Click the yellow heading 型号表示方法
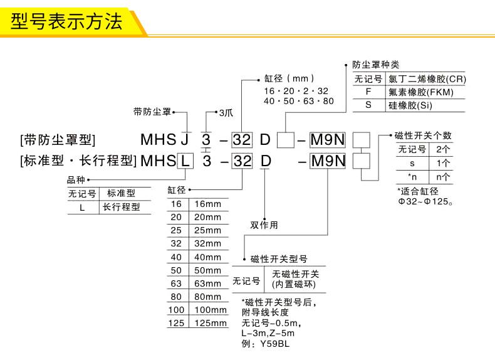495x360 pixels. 66,21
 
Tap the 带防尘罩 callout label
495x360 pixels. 152,112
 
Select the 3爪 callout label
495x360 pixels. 226,113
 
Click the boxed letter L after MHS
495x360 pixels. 185,161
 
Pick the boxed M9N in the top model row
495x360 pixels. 328,140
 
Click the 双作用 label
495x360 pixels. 264,225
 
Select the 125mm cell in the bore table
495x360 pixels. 211,323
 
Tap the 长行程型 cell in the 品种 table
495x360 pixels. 121,207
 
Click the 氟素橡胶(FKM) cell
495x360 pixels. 421,92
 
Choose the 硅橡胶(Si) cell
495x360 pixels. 410,105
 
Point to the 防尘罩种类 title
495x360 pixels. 376,65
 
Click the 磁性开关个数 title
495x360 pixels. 424,135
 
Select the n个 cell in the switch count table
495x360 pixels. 442,177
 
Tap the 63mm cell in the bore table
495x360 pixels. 208,283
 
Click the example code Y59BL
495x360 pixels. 275,344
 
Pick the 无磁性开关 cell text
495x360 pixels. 296,274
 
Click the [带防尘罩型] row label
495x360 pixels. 58,140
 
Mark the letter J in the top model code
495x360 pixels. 185,139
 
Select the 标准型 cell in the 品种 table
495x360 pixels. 121,193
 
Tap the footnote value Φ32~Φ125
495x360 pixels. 425,201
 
